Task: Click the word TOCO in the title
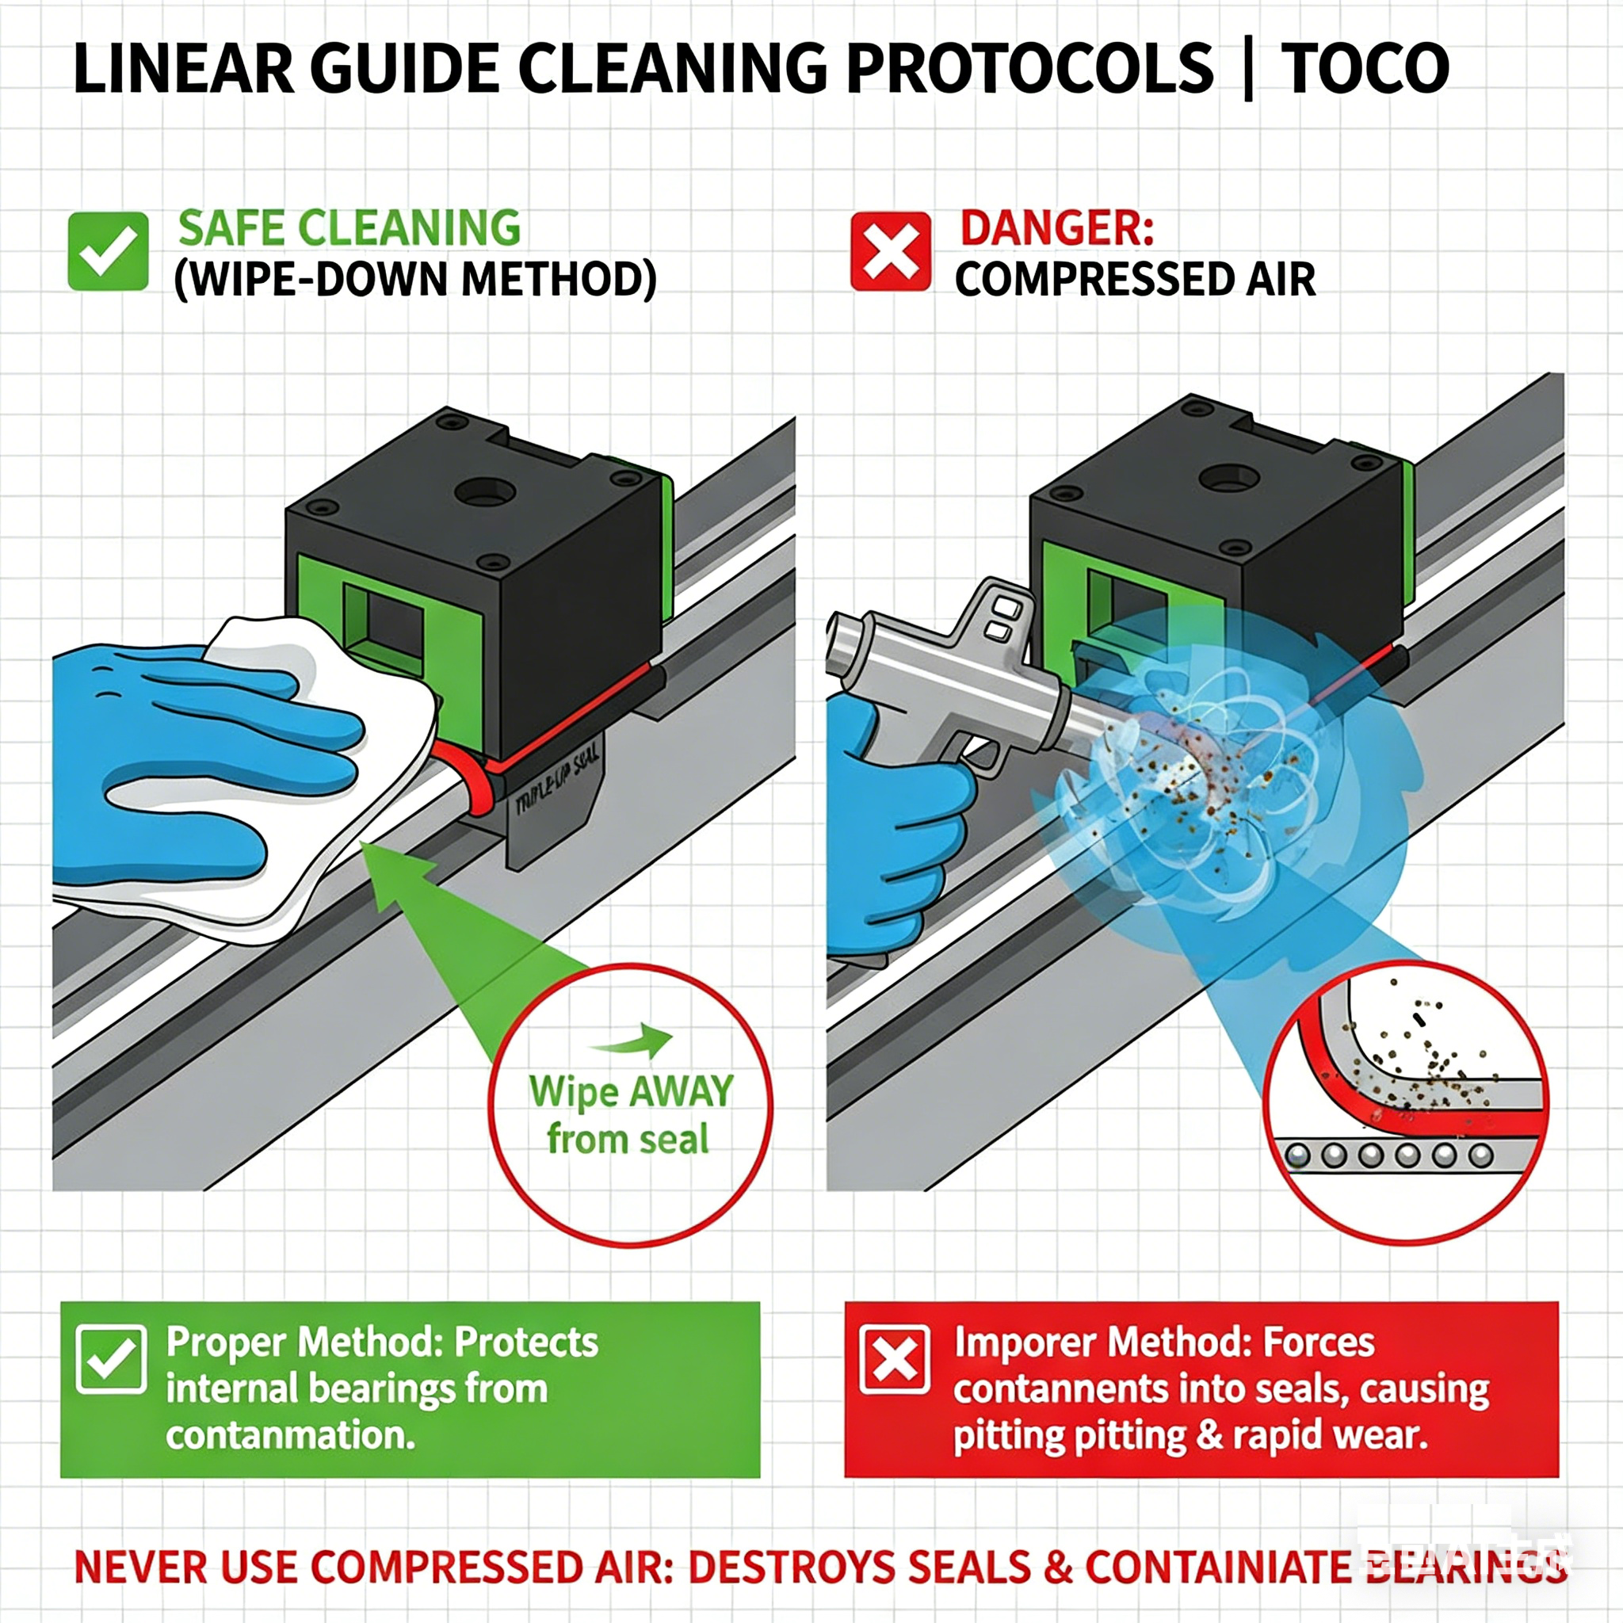pos(1365,69)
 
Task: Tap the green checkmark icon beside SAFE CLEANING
pos(109,251)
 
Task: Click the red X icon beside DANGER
pos(891,251)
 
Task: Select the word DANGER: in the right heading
pos(1057,228)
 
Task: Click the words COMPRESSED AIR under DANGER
pos(1135,280)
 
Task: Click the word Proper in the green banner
pos(227,1342)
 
